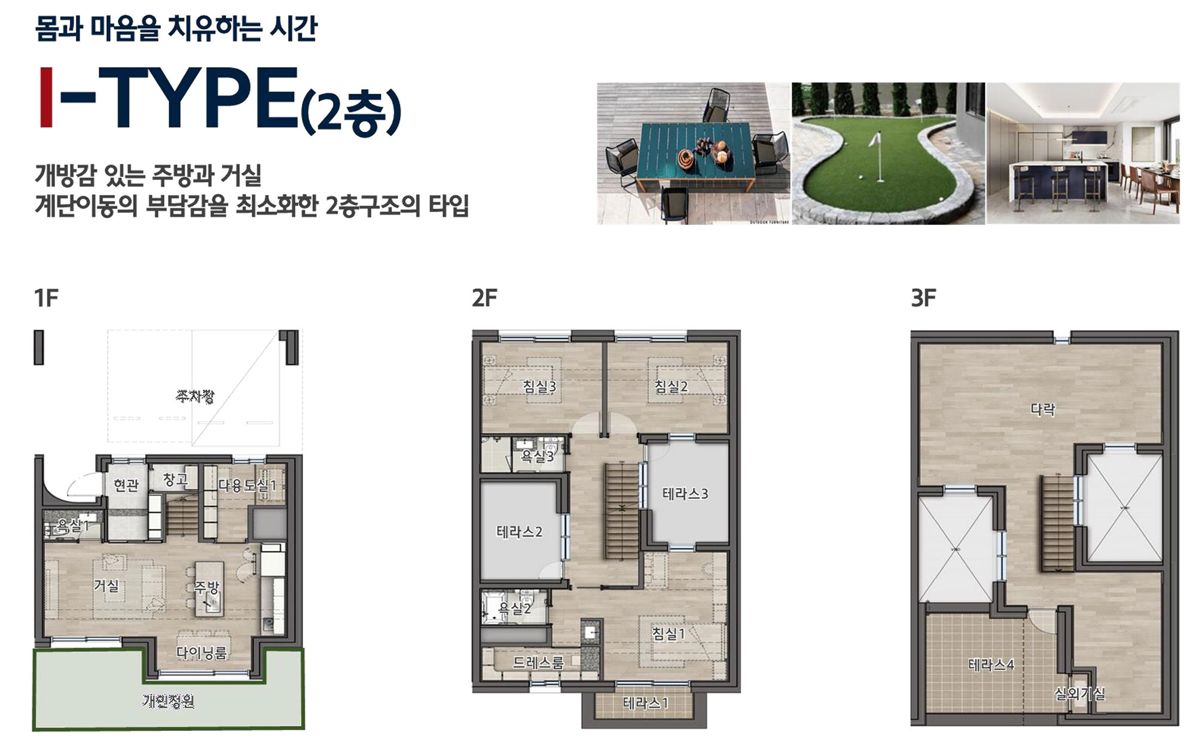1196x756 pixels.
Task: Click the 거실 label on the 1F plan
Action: [106, 586]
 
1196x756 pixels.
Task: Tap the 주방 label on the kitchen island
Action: [208, 587]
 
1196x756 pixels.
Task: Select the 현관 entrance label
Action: [126, 484]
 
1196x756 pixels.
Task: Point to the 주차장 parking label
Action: [195, 396]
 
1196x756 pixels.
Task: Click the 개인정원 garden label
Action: [169, 701]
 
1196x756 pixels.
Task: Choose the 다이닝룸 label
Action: [202, 653]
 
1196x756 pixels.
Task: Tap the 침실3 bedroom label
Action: [539, 386]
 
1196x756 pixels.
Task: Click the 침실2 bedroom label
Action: [671, 386]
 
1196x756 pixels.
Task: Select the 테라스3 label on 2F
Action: [685, 494]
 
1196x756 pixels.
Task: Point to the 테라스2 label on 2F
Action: [519, 532]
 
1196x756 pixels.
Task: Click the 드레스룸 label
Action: [538, 663]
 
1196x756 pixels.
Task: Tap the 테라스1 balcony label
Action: [645, 703]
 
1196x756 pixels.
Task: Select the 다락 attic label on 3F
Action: [1043, 410]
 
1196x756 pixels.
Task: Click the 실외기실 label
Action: [1079, 694]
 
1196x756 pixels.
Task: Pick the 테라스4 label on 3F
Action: [991, 664]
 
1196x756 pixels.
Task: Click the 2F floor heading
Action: [484, 297]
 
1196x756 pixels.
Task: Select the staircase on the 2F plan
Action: [623, 511]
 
